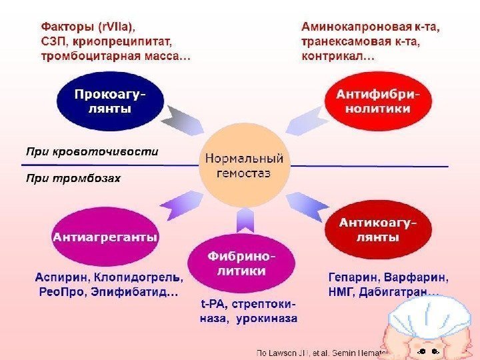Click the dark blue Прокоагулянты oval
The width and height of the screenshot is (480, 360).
(x=109, y=102)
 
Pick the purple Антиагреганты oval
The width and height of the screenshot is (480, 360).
(x=105, y=237)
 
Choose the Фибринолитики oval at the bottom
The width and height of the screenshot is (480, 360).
(x=241, y=264)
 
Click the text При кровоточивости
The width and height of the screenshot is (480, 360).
(x=92, y=151)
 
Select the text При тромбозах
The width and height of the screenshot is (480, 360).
(x=73, y=178)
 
